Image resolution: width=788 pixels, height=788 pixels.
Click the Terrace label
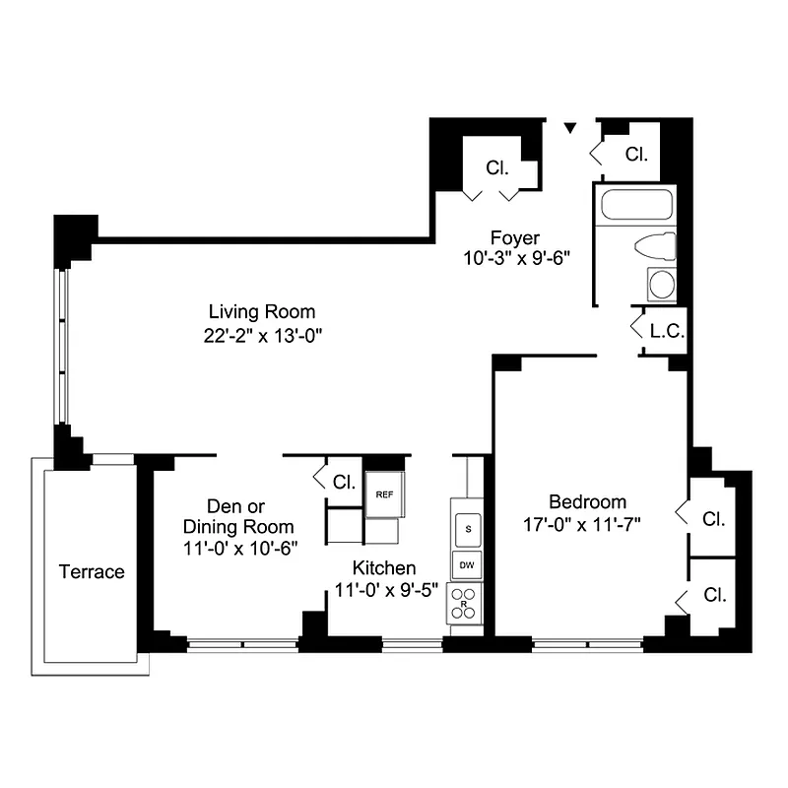click(x=92, y=572)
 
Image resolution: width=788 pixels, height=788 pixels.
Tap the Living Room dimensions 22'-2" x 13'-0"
click(x=259, y=335)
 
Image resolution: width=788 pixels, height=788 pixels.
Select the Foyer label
click(x=515, y=237)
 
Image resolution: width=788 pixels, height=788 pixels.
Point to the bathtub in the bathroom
click(x=636, y=207)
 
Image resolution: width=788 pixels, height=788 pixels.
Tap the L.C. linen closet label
click(x=666, y=331)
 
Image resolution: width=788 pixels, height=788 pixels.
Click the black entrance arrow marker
click(x=569, y=127)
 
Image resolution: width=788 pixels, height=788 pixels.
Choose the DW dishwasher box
click(x=468, y=565)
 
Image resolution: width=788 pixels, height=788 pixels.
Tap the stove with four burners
click(x=462, y=602)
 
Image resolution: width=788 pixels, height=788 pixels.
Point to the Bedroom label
click(x=588, y=501)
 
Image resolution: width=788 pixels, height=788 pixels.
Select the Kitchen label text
click(x=384, y=568)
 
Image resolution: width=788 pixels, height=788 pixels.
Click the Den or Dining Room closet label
click(x=344, y=483)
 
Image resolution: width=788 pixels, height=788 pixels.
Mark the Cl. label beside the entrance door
click(x=636, y=155)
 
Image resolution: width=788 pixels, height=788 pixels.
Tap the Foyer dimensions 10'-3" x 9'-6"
click(x=515, y=258)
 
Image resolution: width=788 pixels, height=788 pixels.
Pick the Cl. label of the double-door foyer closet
click(x=497, y=168)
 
